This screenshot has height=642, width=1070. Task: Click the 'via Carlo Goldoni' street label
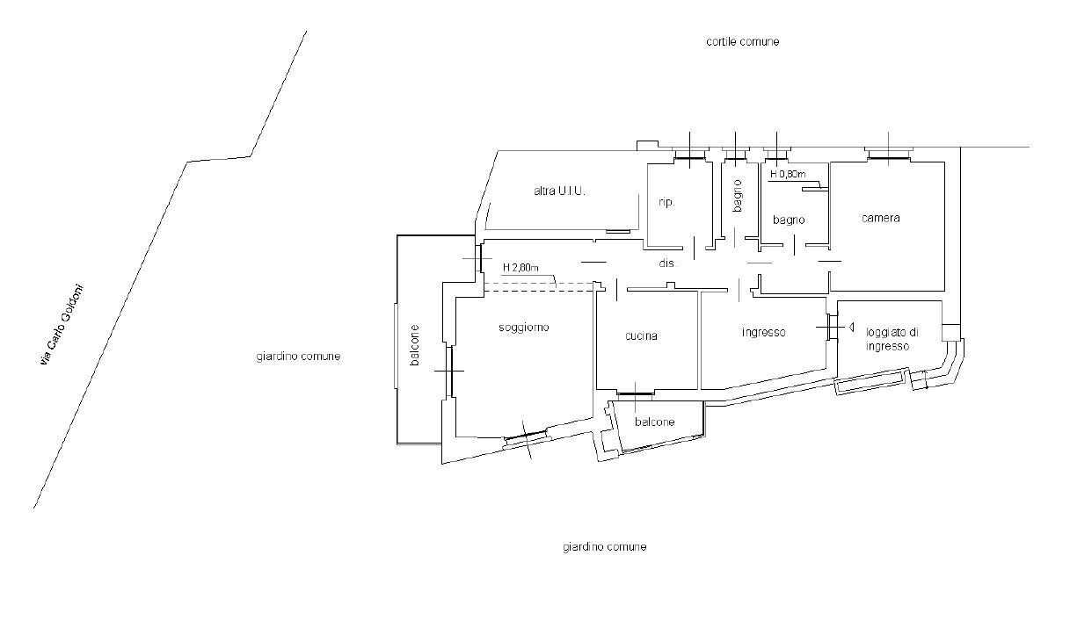click(x=62, y=326)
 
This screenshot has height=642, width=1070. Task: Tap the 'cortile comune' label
click(x=742, y=42)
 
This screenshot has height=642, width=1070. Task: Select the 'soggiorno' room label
click(x=523, y=328)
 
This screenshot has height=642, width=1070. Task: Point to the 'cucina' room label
click(x=641, y=336)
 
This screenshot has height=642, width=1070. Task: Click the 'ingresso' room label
click(x=763, y=332)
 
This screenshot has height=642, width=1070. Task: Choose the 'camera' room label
click(x=880, y=218)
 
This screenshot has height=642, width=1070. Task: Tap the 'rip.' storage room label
click(x=666, y=202)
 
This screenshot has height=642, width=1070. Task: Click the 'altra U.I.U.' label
click(x=559, y=191)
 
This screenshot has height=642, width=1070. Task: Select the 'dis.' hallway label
click(x=666, y=263)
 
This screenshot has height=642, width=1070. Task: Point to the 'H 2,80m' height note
click(x=520, y=268)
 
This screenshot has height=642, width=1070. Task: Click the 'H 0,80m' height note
click(x=788, y=174)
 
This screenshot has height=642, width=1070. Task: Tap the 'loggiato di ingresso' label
click(x=892, y=339)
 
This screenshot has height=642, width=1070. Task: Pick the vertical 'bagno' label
click(x=738, y=196)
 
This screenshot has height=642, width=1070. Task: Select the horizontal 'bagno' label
click(x=789, y=220)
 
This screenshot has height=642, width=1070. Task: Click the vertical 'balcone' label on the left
click(x=415, y=345)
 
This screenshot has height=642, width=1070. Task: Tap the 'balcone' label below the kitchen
click(x=654, y=422)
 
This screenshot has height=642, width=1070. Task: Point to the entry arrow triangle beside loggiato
click(x=851, y=327)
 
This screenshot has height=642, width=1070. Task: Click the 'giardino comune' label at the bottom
click(x=604, y=547)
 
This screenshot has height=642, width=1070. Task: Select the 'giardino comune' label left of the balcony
click(x=298, y=357)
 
